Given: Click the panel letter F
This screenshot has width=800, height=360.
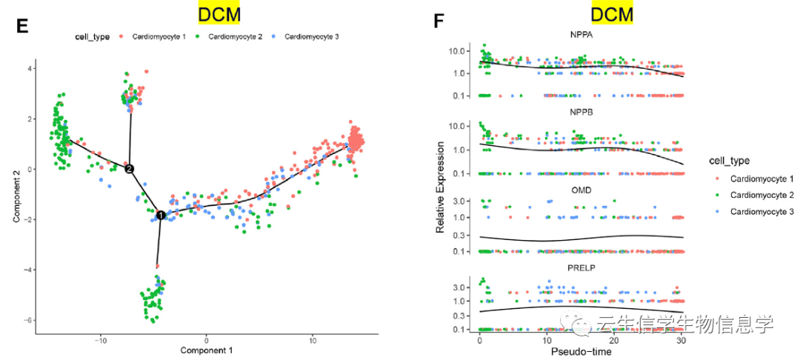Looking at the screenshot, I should tap(439, 21).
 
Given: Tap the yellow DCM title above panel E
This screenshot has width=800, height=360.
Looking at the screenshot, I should tap(219, 14).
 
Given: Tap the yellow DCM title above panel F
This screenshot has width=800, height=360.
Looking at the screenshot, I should tap(613, 14).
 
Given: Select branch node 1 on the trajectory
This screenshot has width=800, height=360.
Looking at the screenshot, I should tap(160, 215).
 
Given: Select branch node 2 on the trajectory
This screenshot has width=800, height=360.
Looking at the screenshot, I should tap(130, 169).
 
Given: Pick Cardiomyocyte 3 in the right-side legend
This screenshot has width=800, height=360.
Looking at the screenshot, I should tap(761, 212).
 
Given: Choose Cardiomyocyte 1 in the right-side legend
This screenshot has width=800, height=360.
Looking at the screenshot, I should tap(761, 179).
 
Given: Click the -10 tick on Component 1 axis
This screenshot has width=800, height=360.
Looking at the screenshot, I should tap(100, 338).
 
